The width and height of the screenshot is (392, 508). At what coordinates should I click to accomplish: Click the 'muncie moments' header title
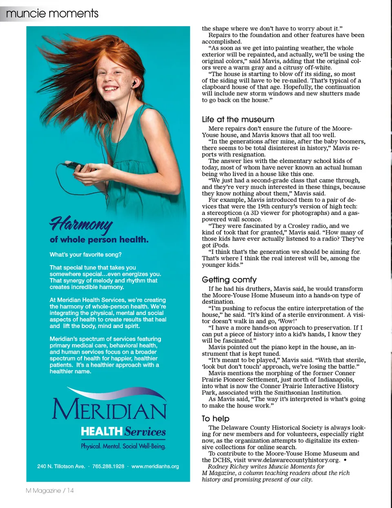coord(52,13)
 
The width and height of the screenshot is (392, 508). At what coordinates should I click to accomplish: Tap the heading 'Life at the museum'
coord(238,120)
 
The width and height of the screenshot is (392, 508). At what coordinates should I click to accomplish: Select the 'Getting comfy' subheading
coord(229,280)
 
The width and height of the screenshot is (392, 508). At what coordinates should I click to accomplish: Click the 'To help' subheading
coord(215,419)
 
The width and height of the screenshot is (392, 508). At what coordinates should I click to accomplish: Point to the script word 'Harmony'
coord(81,223)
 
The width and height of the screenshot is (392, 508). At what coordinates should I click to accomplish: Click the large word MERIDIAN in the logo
coord(109,409)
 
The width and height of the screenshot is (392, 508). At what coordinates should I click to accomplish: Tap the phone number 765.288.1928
coord(108,466)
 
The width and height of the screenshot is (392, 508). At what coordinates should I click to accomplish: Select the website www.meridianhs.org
coord(155,466)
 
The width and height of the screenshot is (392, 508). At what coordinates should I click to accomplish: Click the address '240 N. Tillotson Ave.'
coord(61,466)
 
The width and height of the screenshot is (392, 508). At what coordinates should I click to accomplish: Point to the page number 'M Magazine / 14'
coord(50,490)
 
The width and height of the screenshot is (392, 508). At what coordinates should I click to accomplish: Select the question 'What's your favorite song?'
coord(86,255)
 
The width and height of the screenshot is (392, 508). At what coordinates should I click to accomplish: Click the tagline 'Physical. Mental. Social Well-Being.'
coord(123,446)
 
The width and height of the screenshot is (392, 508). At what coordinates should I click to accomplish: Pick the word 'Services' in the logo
coord(145,432)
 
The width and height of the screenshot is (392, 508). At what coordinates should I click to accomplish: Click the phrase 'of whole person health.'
coord(99,240)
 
